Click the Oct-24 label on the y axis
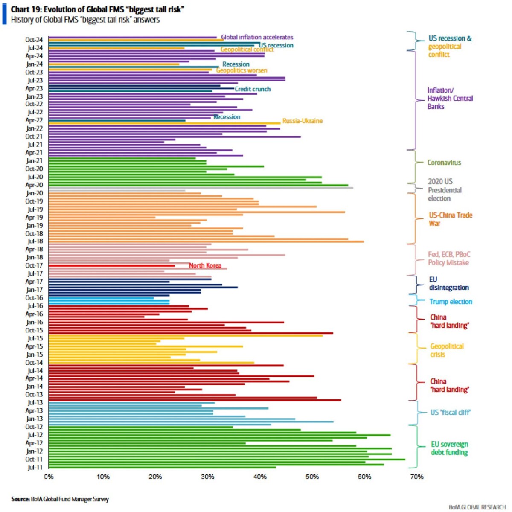click(x=34, y=40)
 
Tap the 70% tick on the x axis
click(x=416, y=477)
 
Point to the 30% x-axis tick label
click(x=207, y=477)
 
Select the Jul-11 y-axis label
click(x=35, y=467)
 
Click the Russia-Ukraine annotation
click(x=303, y=121)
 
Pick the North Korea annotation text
click(x=205, y=265)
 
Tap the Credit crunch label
click(x=253, y=89)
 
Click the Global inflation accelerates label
click(x=257, y=37)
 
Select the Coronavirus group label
click(x=444, y=162)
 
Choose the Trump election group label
click(x=451, y=302)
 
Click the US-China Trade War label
click(x=451, y=219)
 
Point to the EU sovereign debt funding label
click(x=449, y=448)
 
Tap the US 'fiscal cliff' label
click(x=451, y=412)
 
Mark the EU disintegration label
click(x=449, y=283)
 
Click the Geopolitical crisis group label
click(x=447, y=350)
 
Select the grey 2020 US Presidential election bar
click(x=201, y=188)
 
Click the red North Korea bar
click(x=112, y=266)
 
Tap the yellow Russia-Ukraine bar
click(x=164, y=123)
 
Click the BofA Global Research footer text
click(x=477, y=507)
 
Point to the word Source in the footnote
click(x=20, y=499)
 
